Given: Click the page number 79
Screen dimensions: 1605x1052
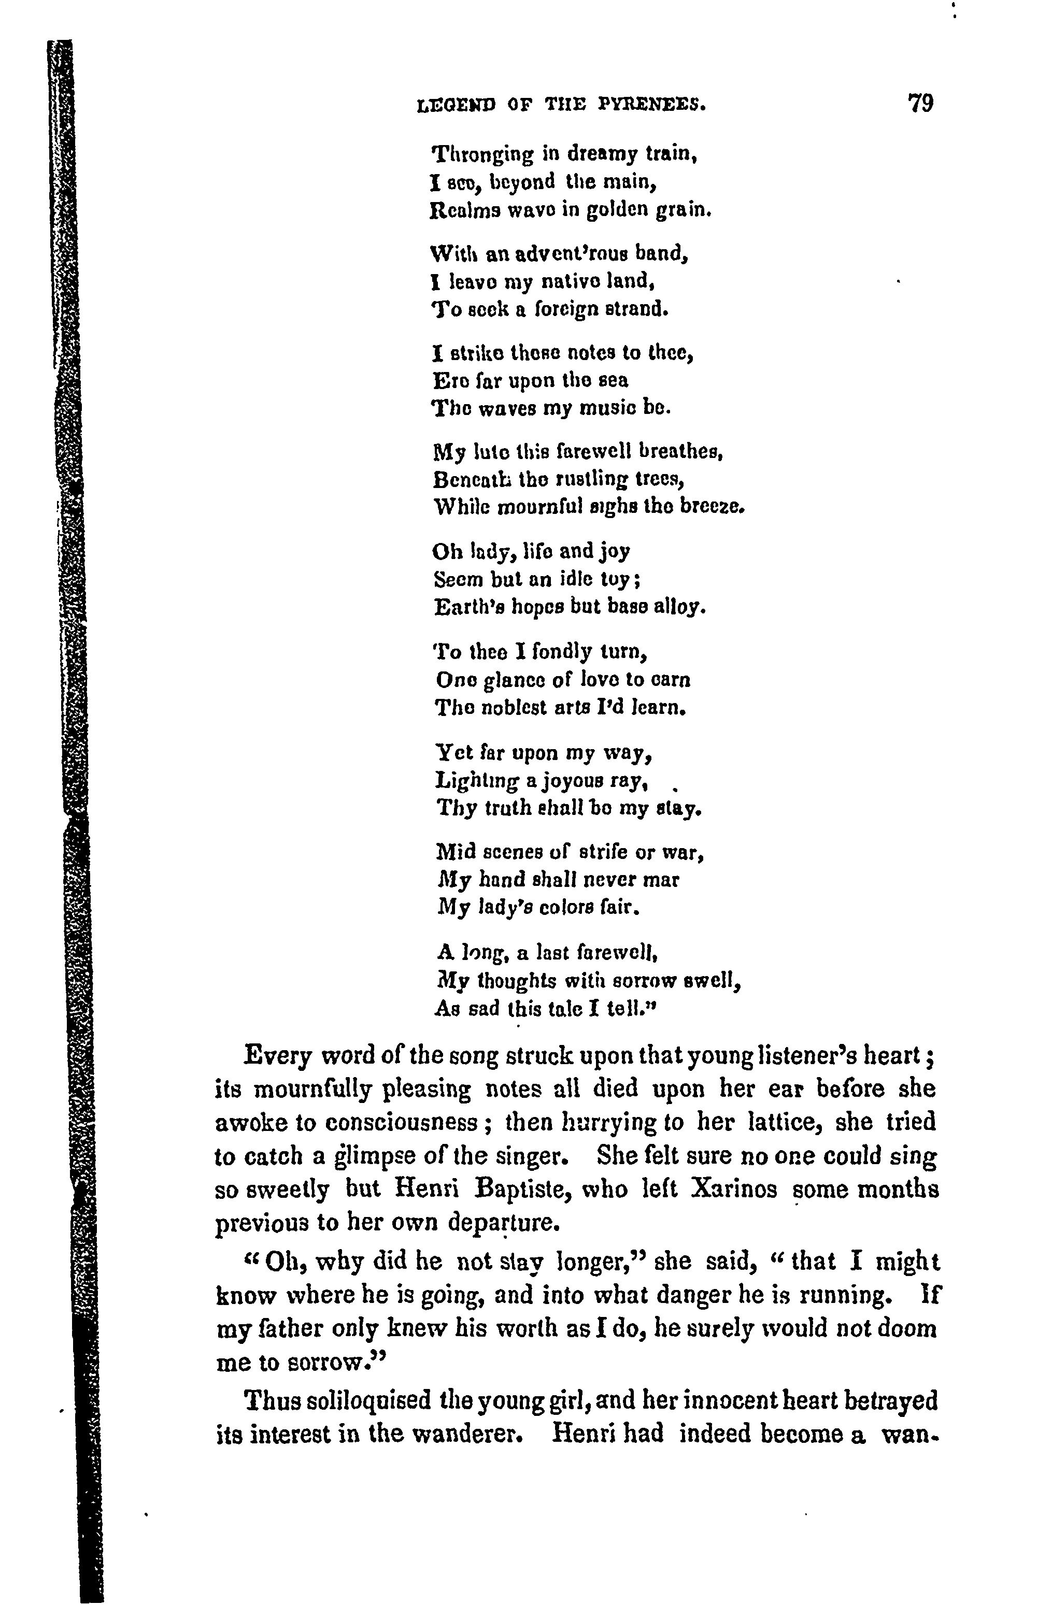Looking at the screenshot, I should pyautogui.click(x=920, y=104).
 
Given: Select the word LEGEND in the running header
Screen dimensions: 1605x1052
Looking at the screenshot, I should pyautogui.click(x=457, y=105).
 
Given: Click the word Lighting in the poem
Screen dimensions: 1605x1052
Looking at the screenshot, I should pyautogui.click(x=477, y=781).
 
